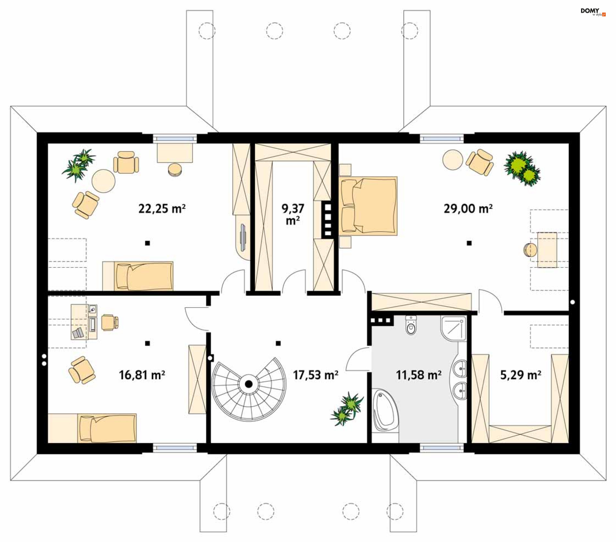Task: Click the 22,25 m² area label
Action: (162, 209)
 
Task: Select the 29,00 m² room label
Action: (468, 209)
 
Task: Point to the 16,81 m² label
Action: (142, 375)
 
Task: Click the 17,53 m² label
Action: (316, 375)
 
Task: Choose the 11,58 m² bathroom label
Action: (419, 375)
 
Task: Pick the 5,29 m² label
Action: (521, 375)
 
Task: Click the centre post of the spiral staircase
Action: (249, 384)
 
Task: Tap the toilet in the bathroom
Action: (411, 325)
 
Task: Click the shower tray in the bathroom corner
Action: (453, 328)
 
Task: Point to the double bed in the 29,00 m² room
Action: (368, 206)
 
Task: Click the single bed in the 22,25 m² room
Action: (138, 276)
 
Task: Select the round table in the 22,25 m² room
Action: (103, 181)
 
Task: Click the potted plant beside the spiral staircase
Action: (347, 409)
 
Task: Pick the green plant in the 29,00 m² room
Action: (522, 168)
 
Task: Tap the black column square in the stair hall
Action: (278, 343)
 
